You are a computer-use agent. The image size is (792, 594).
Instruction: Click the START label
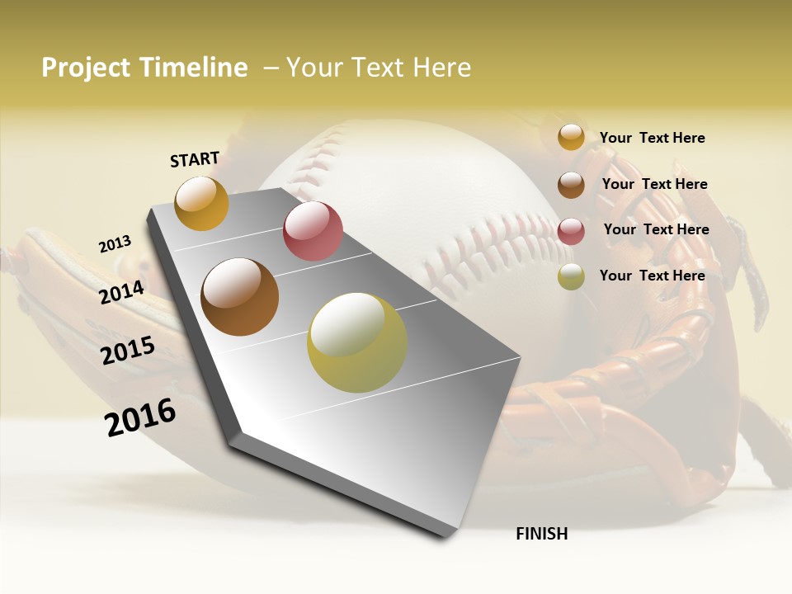coord(195,159)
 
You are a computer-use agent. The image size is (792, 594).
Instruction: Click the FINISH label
coord(542,534)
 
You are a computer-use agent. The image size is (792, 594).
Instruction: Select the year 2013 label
coord(115,244)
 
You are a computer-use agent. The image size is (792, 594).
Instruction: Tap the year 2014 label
coord(122,292)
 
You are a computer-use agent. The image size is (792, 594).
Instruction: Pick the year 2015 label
coord(128,350)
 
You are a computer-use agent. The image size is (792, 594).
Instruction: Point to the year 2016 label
coord(140,417)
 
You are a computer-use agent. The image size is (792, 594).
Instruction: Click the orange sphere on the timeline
coord(201,203)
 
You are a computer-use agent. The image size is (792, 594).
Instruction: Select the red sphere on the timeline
coord(313,231)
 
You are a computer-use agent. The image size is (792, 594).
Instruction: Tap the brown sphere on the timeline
coord(240,297)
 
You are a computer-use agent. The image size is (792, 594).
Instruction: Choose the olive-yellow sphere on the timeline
coord(357,342)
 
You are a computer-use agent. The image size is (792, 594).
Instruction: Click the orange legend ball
coord(571,137)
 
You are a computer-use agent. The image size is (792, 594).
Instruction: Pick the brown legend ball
coord(571,185)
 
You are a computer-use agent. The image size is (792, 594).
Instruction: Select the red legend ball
coord(571,231)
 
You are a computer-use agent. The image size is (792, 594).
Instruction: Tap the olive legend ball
coord(571,276)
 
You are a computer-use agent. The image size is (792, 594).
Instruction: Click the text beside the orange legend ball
coord(652,138)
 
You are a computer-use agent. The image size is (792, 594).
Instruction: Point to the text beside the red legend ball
coord(656,229)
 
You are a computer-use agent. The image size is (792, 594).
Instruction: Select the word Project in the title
coord(87,68)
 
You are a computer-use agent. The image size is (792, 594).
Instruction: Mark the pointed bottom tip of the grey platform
coord(445,537)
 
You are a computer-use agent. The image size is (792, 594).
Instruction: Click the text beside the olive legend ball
coord(652,276)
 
